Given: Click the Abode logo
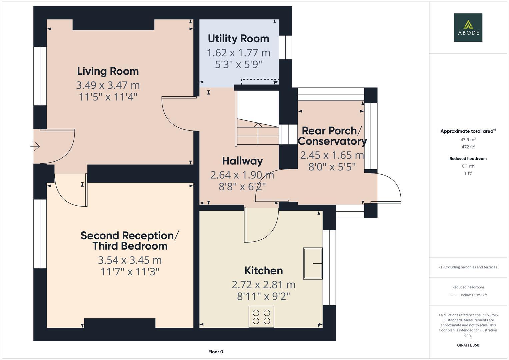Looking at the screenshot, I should pyautogui.click(x=468, y=28).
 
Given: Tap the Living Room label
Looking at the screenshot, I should pyautogui.click(x=108, y=71).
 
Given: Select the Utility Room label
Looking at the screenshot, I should pyautogui.click(x=238, y=39).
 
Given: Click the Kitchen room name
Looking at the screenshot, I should pyautogui.click(x=263, y=270).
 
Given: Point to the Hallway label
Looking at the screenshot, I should pyautogui.click(x=242, y=161).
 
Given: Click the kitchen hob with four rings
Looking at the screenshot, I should pyautogui.click(x=261, y=317).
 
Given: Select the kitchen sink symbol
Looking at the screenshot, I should pyautogui.click(x=313, y=263).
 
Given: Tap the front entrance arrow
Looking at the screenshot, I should pyautogui.click(x=35, y=146).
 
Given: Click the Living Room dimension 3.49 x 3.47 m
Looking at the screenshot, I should pyautogui.click(x=108, y=85).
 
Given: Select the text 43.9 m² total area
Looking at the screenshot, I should pyautogui.click(x=468, y=140).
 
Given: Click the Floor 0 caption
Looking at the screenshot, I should pyautogui.click(x=216, y=352).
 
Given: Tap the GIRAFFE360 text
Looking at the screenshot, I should pyautogui.click(x=468, y=345).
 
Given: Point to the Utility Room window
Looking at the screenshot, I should pyautogui.click(x=285, y=47).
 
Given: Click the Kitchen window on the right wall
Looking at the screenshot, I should pyautogui.click(x=329, y=267).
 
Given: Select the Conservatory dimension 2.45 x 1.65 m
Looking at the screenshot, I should pyautogui.click(x=332, y=155).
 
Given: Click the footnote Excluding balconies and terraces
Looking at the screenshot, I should pyautogui.click(x=468, y=267).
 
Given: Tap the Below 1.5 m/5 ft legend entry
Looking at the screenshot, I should pyautogui.click(x=474, y=295).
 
